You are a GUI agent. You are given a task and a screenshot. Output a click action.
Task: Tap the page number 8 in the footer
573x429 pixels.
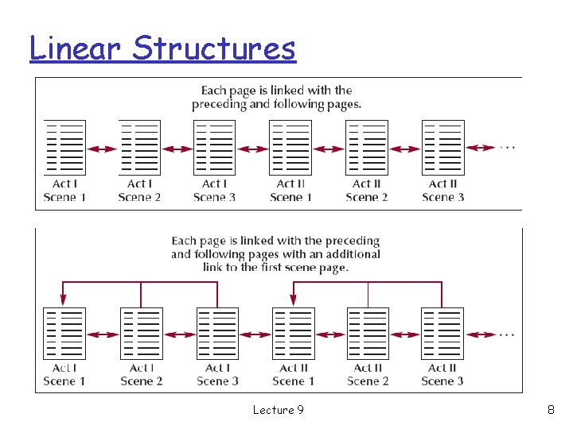551,410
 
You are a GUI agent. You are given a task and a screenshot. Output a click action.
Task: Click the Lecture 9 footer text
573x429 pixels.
278,410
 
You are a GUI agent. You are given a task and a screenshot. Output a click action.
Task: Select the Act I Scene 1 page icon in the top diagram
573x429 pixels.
64,148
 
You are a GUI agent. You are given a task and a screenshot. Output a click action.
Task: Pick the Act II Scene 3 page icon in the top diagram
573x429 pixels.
442,148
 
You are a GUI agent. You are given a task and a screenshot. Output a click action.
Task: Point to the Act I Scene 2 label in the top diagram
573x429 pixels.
139,191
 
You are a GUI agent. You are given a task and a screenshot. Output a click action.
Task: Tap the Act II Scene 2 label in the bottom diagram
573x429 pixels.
368,374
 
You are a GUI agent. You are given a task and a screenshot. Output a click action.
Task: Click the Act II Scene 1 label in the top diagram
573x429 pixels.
290,191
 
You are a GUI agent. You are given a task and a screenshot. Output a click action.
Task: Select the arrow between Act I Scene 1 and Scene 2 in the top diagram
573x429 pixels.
102,149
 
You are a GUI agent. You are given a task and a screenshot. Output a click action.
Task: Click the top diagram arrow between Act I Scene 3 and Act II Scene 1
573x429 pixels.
253,149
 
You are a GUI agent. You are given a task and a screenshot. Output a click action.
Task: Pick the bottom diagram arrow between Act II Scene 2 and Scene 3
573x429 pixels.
405,334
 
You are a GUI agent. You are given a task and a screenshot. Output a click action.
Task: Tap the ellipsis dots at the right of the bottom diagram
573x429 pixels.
507,334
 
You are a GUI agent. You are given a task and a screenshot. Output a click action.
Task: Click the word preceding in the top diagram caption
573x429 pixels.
219,104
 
